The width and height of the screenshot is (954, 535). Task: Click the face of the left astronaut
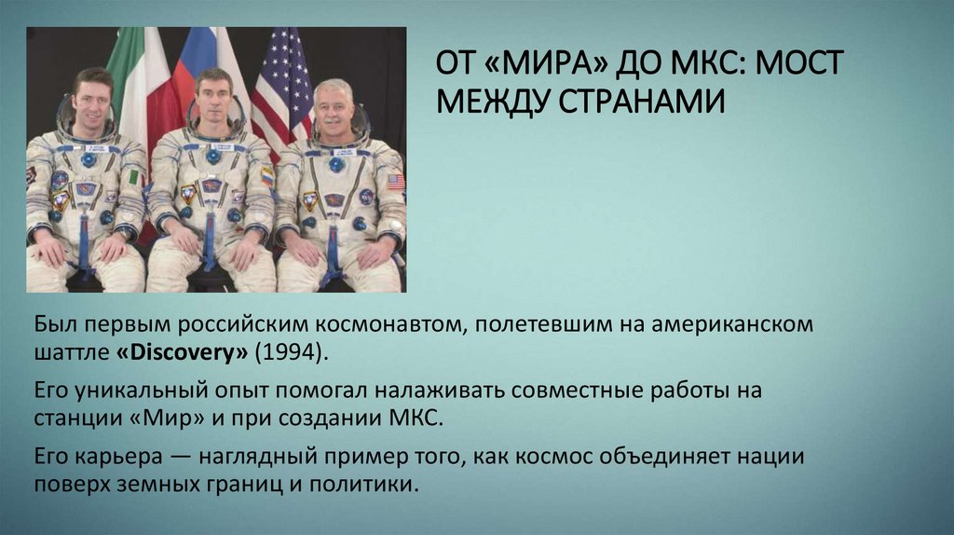tap(91, 103)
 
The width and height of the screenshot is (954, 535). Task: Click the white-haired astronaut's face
tap(334, 110)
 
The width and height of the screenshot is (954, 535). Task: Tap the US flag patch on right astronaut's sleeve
tap(396, 182)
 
